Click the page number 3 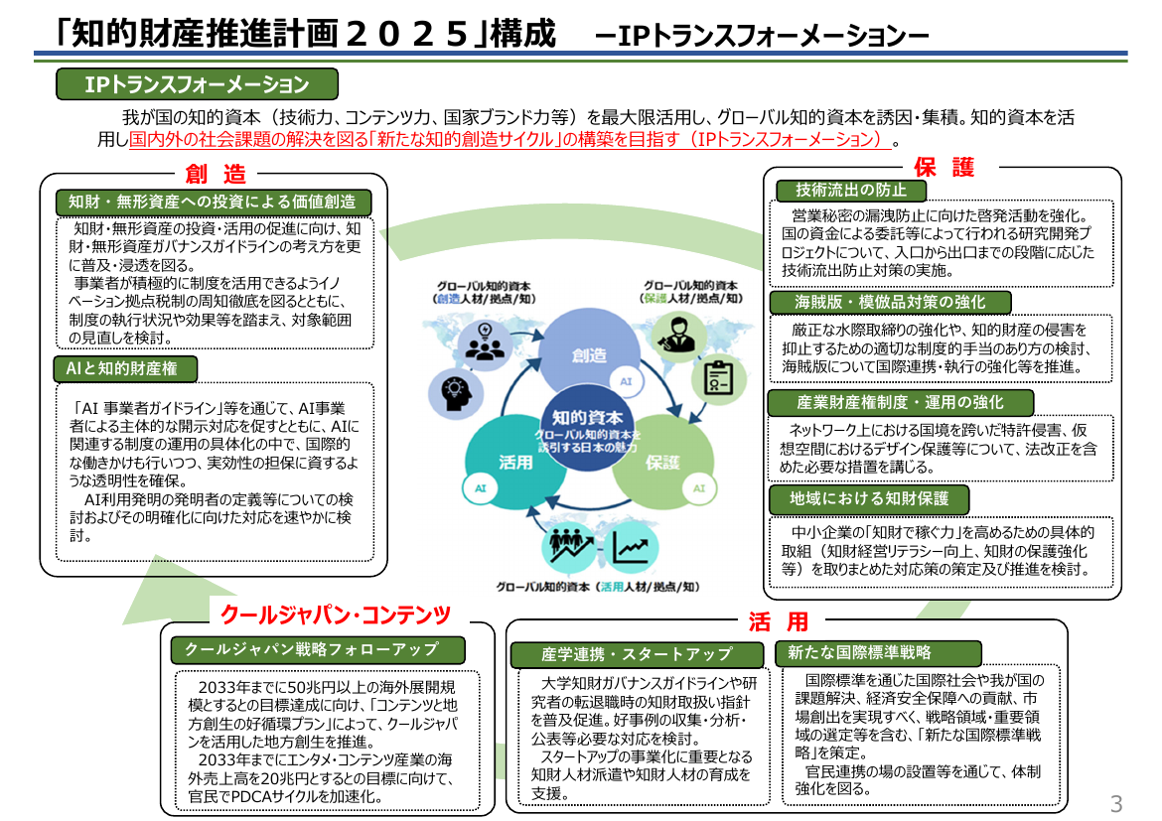click(1116, 803)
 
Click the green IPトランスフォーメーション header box click(197, 83)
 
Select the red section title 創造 click(215, 174)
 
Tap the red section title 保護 click(944, 168)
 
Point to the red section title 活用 click(778, 620)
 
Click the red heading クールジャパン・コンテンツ click(335, 615)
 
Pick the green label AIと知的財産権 click(125, 368)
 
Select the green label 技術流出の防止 click(851, 190)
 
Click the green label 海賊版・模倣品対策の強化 click(890, 302)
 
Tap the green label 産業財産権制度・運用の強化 click(901, 402)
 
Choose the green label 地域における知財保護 click(869, 498)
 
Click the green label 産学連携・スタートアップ click(638, 654)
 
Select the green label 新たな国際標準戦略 click(878, 653)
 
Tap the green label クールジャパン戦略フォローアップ click(318, 650)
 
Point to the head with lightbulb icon click(456, 391)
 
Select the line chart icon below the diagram click(631, 549)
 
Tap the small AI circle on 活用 click(481, 488)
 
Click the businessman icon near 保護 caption click(677, 335)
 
